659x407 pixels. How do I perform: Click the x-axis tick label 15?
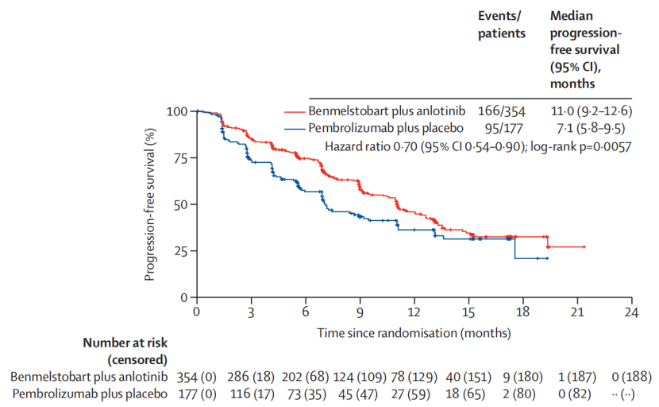coord(468,312)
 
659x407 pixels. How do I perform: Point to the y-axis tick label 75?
coord(182,158)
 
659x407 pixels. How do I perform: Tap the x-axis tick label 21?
coord(577,312)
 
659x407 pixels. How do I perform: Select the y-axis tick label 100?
coord(177,111)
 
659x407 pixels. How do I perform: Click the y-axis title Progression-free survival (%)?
coord(149,204)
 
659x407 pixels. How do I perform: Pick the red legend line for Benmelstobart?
coord(295,111)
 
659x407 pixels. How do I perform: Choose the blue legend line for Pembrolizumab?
coord(295,129)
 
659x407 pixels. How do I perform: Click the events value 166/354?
coord(501,111)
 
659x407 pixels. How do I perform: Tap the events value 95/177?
coord(504,128)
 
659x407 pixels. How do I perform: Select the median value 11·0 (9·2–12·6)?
coord(592,111)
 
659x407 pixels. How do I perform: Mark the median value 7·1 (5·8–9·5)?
coord(591,128)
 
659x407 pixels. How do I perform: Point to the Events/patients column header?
coord(501,25)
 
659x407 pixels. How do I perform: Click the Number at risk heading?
coord(125,343)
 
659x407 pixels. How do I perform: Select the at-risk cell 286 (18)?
coord(251,376)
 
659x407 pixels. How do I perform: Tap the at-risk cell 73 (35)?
coord(306,394)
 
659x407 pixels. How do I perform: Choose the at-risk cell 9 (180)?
coord(522,376)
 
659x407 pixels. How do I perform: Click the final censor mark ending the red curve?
coord(584,247)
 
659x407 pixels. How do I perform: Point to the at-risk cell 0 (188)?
coord(632,376)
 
